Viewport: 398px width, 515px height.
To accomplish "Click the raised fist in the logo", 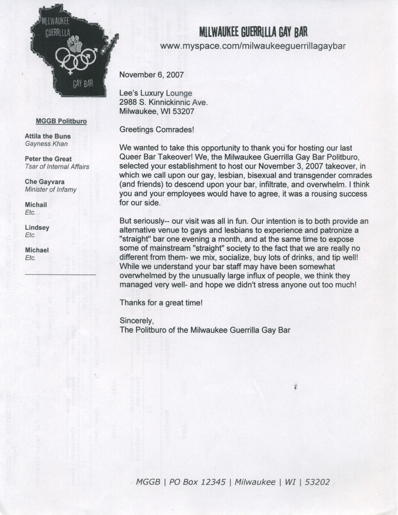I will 75,44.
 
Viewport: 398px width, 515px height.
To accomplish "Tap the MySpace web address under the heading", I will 253,46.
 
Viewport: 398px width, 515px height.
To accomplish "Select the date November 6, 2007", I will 151,75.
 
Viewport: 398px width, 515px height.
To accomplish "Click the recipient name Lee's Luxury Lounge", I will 156,93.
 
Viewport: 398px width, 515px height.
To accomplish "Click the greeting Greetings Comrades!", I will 157,130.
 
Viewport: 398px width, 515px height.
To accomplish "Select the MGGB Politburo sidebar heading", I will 61,121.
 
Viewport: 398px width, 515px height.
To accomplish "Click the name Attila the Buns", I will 48,137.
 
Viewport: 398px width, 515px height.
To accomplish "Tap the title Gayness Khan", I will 46,144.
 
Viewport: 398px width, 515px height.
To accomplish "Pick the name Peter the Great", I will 48,159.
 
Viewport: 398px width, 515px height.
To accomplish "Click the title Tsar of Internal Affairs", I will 57,166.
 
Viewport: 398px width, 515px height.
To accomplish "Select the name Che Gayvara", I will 45,182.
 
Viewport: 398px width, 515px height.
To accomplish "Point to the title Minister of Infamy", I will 51,190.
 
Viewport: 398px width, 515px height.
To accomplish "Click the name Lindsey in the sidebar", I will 37,227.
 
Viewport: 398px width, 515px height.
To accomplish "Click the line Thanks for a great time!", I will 161,303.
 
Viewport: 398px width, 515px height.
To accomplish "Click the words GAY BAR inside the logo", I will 83,83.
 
